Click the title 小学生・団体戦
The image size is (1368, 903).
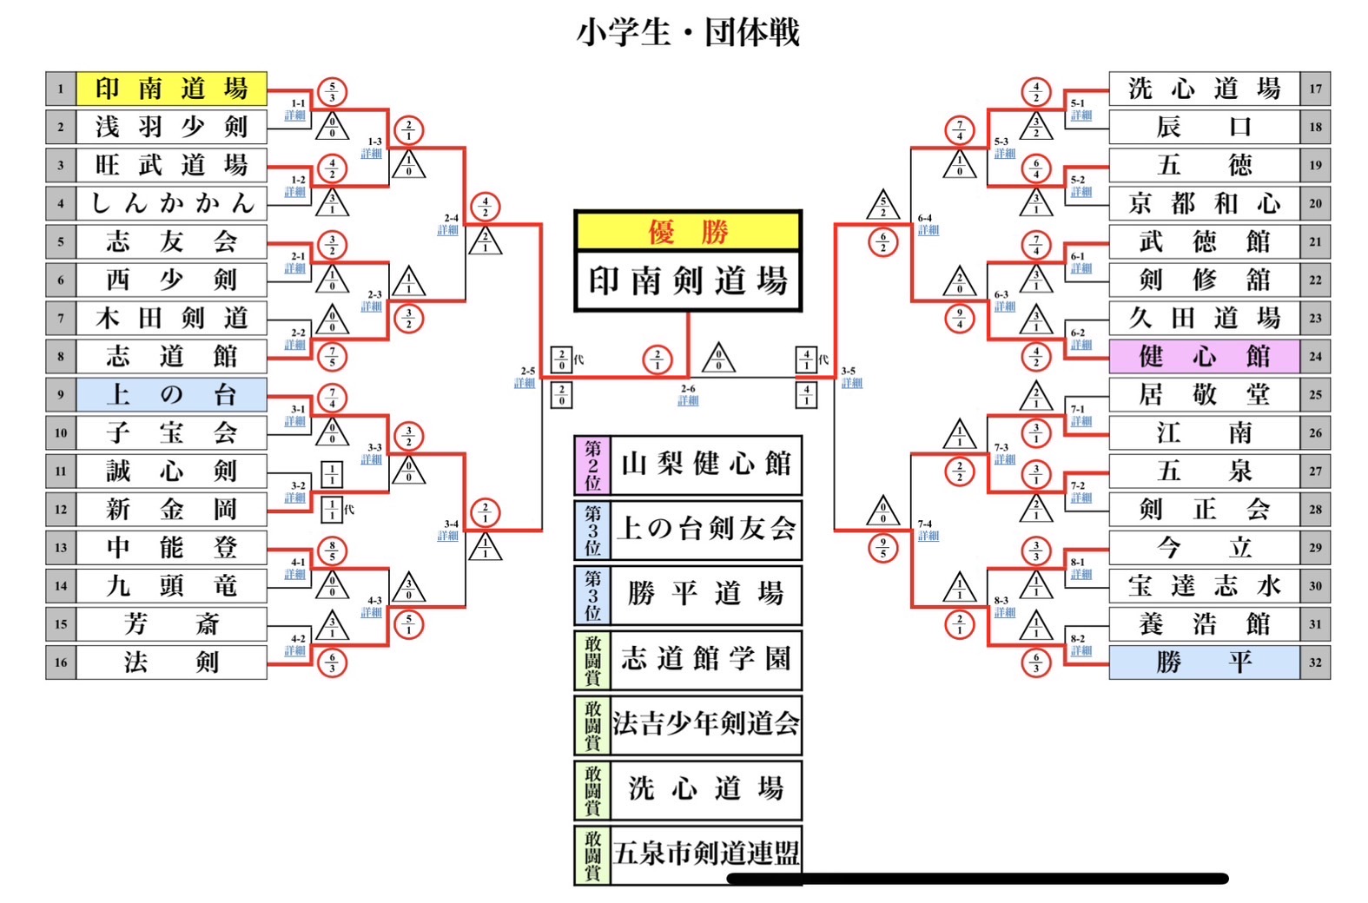click(x=687, y=33)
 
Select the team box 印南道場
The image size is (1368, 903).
click(x=171, y=89)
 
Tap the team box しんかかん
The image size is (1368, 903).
click(x=171, y=203)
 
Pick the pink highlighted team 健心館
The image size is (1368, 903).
click(x=1204, y=356)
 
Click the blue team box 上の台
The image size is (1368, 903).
click(x=171, y=395)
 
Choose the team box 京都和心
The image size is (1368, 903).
click(x=1204, y=203)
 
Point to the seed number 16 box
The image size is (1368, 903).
click(x=61, y=662)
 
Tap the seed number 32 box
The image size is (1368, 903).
click(x=1315, y=662)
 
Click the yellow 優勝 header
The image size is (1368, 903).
click(x=687, y=232)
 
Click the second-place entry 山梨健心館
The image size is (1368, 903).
click(x=705, y=465)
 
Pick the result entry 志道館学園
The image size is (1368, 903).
click(x=705, y=659)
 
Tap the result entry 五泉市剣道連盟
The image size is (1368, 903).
click(x=705, y=854)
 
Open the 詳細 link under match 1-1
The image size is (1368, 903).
click(x=295, y=115)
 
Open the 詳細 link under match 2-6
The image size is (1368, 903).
click(x=688, y=401)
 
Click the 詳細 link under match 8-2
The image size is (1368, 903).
click(x=1081, y=650)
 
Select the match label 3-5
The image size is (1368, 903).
click(x=848, y=371)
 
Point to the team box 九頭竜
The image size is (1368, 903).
click(x=171, y=586)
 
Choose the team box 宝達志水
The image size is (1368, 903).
click(x=1204, y=586)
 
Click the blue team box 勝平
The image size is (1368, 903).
click(x=1204, y=662)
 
